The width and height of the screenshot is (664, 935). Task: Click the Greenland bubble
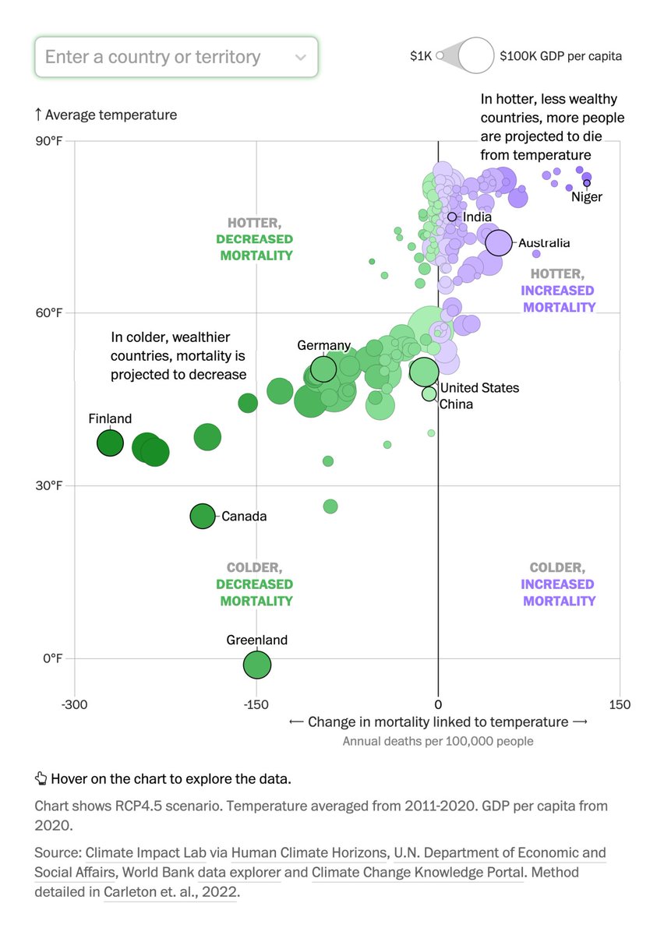257,665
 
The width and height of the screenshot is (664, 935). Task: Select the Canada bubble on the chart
203,516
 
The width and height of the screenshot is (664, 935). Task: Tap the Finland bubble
110,443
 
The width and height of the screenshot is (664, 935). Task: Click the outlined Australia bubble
498,243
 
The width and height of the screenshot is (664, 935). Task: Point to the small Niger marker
587,183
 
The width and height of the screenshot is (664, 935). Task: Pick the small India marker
451,217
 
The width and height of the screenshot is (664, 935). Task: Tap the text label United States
479,388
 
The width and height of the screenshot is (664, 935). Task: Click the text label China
456,404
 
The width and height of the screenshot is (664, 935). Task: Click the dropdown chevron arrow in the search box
301,58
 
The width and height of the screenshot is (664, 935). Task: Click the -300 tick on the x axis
75,705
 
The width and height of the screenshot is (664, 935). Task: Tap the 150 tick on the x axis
620,705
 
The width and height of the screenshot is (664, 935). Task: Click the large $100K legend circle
475,56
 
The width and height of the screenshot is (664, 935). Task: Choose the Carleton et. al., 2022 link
169,892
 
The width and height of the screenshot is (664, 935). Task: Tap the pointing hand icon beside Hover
41,778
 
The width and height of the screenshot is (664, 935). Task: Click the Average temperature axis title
111,115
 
